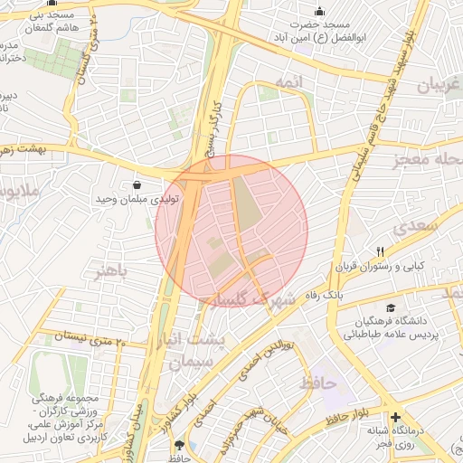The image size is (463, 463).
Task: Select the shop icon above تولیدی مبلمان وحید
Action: coord(137,184)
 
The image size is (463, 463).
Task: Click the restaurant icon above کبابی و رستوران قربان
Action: coord(381,252)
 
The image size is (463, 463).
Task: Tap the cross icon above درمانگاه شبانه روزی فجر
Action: coord(396,417)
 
